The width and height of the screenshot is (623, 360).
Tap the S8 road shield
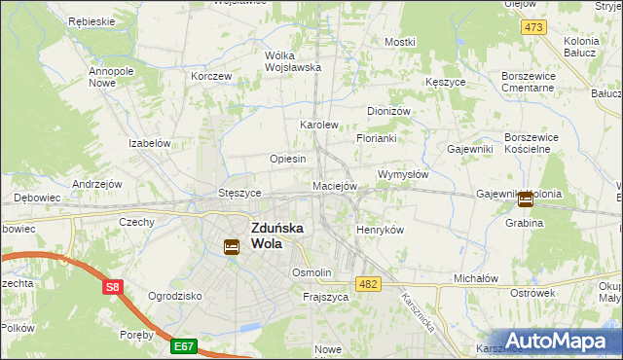[114, 286]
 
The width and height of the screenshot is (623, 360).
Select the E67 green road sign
[184, 344]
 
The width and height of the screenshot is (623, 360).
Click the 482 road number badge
[369, 283]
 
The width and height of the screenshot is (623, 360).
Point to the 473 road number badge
[532, 27]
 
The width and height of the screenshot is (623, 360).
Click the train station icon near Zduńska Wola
[231, 247]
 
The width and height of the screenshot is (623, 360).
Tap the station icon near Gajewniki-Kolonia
[526, 199]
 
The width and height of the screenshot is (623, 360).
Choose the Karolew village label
[318, 126]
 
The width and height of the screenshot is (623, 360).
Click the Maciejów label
[335, 185]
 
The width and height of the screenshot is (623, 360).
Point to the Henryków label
[380, 229]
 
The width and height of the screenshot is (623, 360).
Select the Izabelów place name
[150, 143]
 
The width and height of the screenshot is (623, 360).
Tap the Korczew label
[211, 76]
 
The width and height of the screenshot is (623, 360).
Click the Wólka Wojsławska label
[293, 61]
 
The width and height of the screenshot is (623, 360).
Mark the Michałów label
[476, 278]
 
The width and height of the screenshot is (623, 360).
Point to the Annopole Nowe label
[111, 77]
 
